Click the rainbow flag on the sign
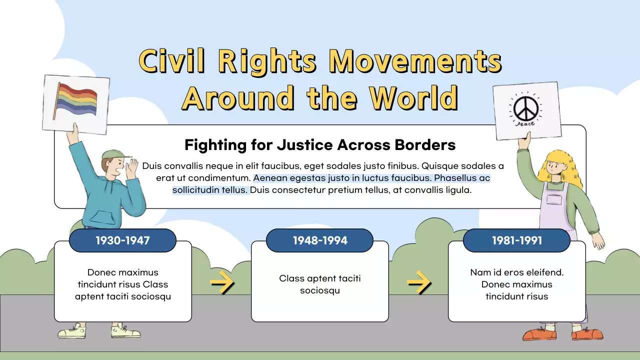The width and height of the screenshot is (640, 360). click(x=76, y=100)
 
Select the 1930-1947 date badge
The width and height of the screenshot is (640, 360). click(x=122, y=240)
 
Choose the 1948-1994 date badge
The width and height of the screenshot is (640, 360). click(x=320, y=240)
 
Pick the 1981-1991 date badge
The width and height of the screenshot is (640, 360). click(x=517, y=240)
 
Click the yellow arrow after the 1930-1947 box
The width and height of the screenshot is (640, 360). click(x=222, y=283)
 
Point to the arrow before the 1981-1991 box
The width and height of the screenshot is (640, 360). click(x=419, y=283)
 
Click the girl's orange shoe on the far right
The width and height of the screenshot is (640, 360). click(x=588, y=334)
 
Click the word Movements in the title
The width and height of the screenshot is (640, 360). click(x=415, y=62)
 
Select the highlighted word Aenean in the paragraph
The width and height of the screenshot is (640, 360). click(x=270, y=178)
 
